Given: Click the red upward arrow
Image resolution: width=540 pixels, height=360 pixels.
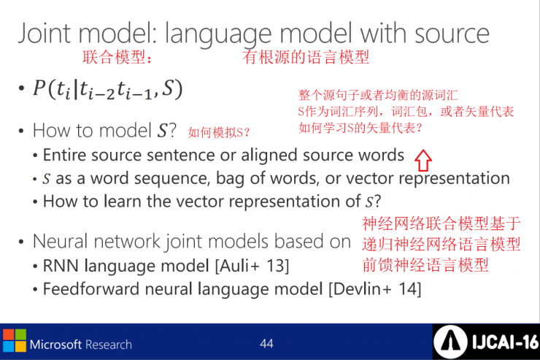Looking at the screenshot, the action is [x=423, y=161].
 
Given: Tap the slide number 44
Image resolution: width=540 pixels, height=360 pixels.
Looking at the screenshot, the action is [x=266, y=343].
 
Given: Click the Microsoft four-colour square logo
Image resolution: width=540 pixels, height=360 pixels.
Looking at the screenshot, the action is [x=15, y=340].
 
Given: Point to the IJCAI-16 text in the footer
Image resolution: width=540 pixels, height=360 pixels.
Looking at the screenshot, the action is [x=505, y=342].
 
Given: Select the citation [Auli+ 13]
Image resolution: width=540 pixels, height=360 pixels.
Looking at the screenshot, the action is [x=252, y=266].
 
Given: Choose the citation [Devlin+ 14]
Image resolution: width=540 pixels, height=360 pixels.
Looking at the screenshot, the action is [x=375, y=289].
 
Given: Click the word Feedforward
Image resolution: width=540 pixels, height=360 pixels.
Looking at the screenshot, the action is [x=91, y=288].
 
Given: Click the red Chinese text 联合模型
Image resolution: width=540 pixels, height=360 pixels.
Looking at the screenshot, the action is [x=114, y=57].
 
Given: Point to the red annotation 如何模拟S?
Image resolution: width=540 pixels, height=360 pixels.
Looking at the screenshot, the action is [x=219, y=132].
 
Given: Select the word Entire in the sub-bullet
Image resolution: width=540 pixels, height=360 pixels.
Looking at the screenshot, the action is [x=65, y=155].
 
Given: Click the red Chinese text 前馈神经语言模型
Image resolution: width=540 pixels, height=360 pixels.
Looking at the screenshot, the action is [x=425, y=265].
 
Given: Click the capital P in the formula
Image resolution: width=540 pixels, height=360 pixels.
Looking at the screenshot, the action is [x=39, y=88].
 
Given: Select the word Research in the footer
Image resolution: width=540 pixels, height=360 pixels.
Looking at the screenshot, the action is [x=108, y=345].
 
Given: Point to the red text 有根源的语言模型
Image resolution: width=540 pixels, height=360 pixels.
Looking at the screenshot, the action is [x=306, y=57].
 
